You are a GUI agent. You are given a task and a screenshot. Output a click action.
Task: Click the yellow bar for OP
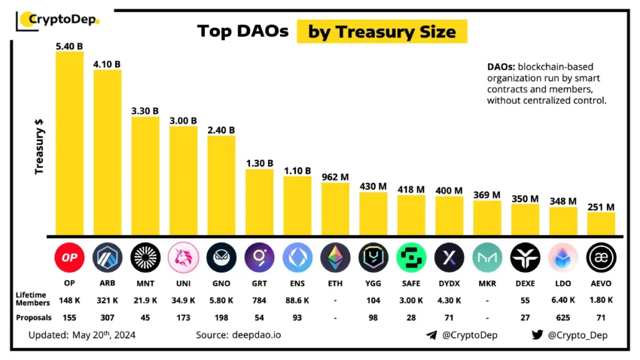(69, 143)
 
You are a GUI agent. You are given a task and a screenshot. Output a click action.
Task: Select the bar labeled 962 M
(335, 209)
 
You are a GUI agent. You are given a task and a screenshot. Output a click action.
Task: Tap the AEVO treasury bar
(601, 223)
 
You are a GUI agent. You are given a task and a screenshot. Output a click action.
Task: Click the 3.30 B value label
(145, 111)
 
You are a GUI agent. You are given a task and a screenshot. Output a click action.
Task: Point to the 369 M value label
(487, 195)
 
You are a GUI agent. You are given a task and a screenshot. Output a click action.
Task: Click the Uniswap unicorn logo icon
(183, 258)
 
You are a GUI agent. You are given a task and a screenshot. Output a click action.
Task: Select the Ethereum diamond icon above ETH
(335, 258)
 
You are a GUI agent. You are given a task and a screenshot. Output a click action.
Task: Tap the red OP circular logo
(69, 258)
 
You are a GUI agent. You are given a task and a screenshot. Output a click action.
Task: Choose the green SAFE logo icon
(411, 258)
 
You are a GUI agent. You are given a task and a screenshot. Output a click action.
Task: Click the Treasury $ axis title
(38, 148)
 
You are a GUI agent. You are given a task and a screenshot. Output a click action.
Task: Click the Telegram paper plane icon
(431, 334)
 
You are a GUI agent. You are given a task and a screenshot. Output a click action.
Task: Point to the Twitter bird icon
(537, 334)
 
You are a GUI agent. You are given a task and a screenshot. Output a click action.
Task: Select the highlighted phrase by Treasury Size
(382, 32)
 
